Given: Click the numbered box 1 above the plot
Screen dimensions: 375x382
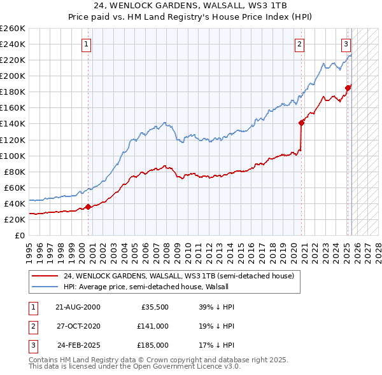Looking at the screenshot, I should coord(86,44).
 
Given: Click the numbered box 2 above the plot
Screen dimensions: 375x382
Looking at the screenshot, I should coord(299,44).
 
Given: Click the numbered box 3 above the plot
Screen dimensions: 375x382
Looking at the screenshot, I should coord(346,44).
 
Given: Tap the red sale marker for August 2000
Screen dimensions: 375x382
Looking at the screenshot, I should coord(88,207).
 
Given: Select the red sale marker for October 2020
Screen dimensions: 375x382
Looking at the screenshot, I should coord(301,123).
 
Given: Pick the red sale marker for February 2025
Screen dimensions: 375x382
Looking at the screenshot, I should coord(348,88).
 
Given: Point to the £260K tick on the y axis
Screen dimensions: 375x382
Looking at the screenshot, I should coord(13,29).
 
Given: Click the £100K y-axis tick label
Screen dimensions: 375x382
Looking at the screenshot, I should coord(13,156).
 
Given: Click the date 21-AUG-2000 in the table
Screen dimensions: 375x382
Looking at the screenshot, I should coord(78,307).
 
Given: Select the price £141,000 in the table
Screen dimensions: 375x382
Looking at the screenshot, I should coord(153,326).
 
